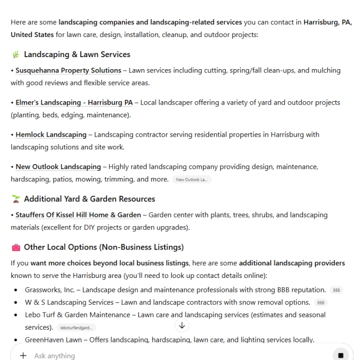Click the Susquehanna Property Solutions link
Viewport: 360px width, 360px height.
pyautogui.click(x=68, y=71)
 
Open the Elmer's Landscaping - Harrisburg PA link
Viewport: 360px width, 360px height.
pyautogui.click(x=74, y=103)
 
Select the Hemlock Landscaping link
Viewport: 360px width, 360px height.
pyautogui.click(x=51, y=135)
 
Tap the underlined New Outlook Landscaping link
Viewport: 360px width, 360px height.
pyautogui.click(x=58, y=167)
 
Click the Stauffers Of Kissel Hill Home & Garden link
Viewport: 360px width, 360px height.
pyautogui.click(x=78, y=215)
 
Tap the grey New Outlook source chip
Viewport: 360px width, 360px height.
pyautogui.click(x=192, y=180)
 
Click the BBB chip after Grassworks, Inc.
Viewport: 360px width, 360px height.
pyautogui.click(x=336, y=290)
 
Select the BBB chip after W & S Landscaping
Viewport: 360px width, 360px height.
pyautogui.click(x=321, y=302)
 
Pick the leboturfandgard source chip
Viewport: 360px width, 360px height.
pyautogui.click(x=76, y=327)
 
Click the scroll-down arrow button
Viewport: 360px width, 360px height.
pyautogui.click(x=182, y=325)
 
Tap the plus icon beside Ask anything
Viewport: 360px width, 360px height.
pyautogui.click(x=23, y=356)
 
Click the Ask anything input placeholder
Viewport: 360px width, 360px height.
pyautogui.click(x=55, y=356)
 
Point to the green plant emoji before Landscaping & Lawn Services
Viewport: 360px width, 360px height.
pyautogui.click(x=16, y=55)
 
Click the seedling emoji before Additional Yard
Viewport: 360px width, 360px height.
pyautogui.click(x=16, y=199)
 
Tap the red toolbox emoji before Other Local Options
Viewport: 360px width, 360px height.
pyautogui.click(x=16, y=248)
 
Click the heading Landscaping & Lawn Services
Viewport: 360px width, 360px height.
pyautogui.click(x=77, y=55)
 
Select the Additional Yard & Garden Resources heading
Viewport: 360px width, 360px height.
pyautogui.click(x=89, y=199)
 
